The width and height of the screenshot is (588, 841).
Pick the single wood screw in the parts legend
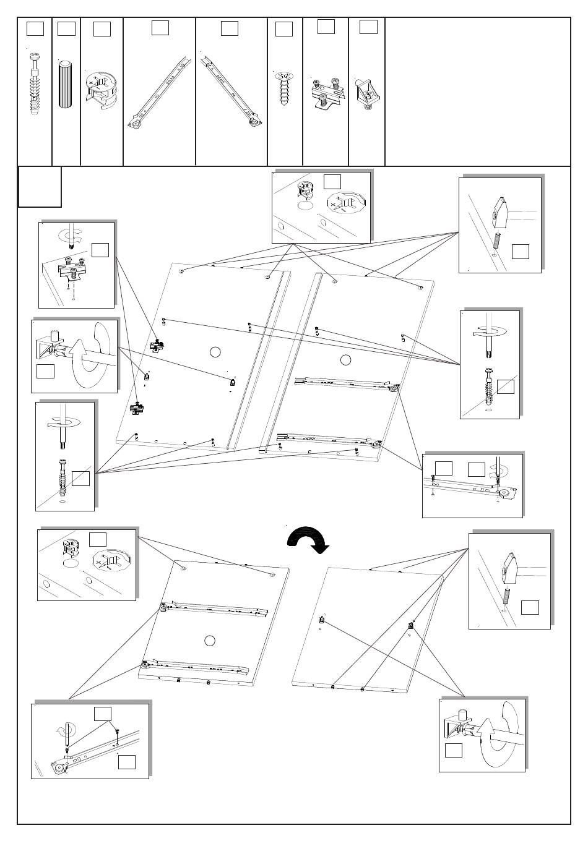click(x=285, y=88)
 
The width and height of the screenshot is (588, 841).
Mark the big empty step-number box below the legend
click(x=40, y=186)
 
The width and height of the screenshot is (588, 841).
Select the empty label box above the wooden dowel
click(x=66, y=28)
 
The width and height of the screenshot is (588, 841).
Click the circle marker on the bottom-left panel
click(x=210, y=640)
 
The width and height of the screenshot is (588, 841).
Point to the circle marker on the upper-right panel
click(x=345, y=359)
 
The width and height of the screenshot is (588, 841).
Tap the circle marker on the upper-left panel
click(x=215, y=352)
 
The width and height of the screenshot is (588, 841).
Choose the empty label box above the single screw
click(x=283, y=29)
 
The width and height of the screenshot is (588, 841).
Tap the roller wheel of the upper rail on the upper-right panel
click(x=393, y=389)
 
